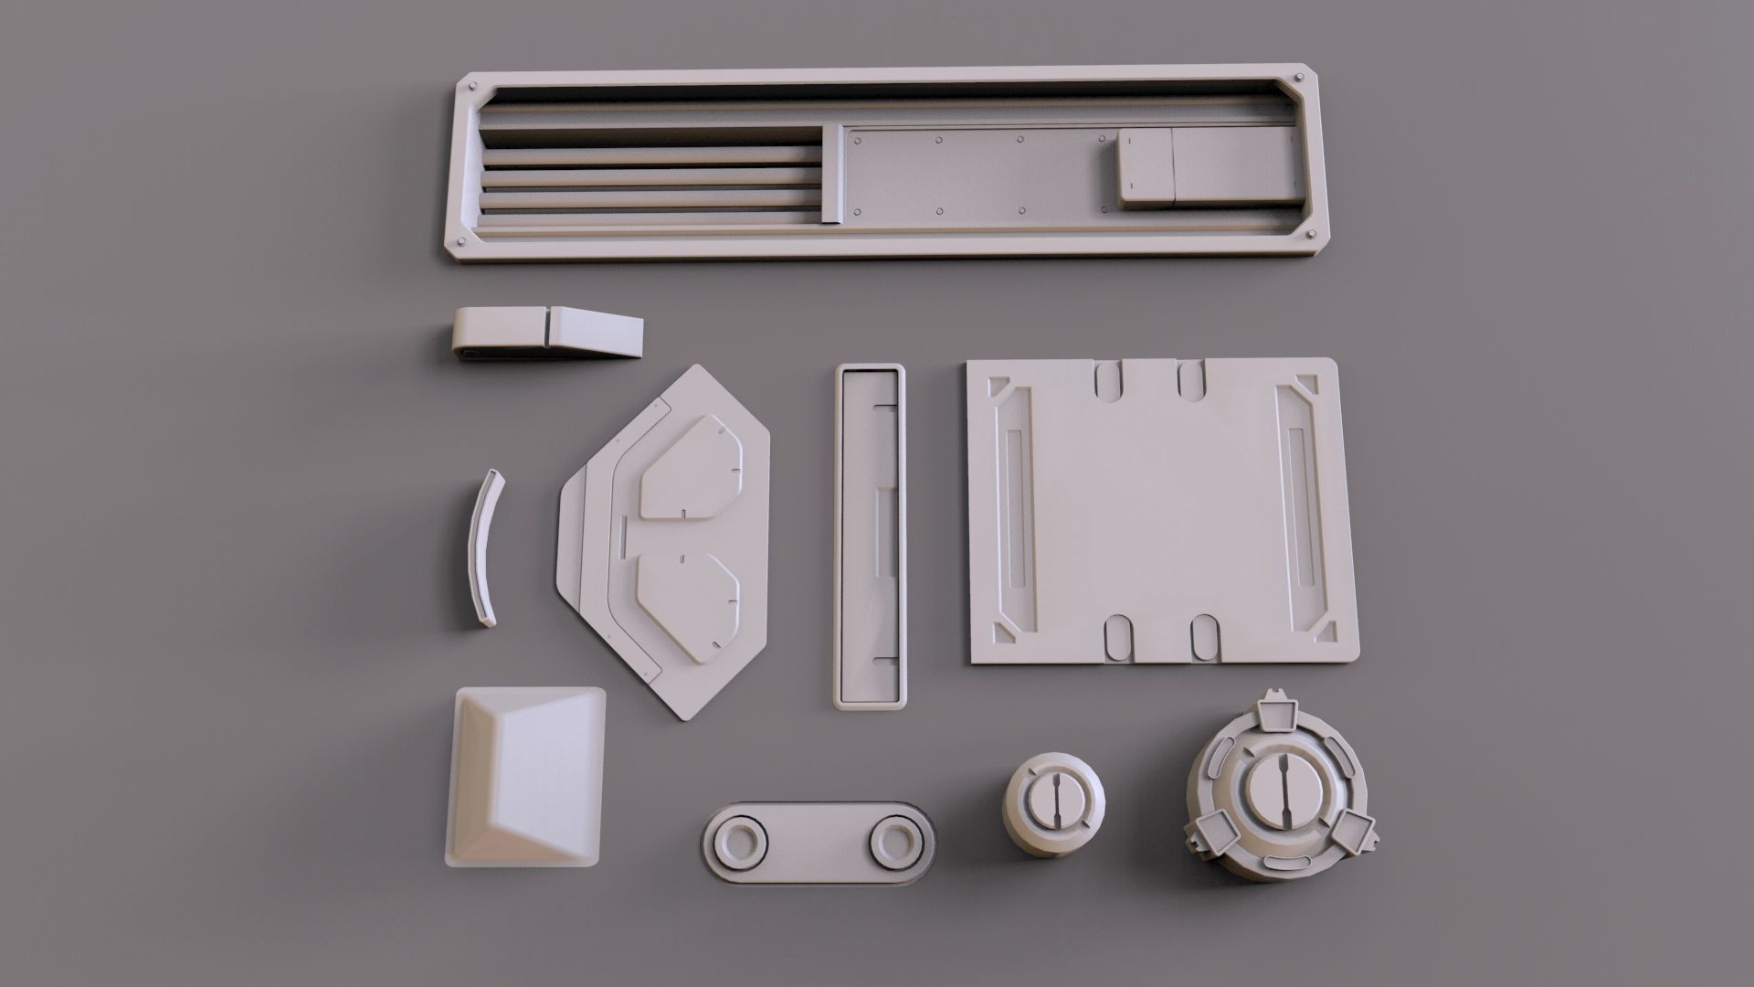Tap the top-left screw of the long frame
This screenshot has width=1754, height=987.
click(472, 84)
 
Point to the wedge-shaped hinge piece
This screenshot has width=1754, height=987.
click(548, 333)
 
